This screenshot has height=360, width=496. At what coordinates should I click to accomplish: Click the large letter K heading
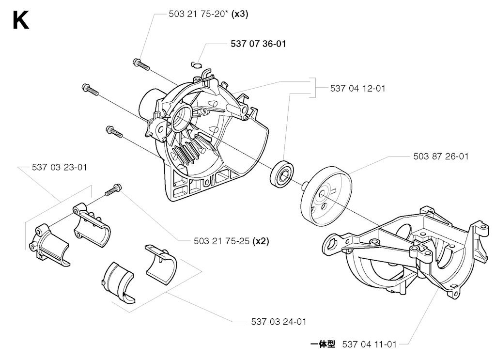click(x=21, y=20)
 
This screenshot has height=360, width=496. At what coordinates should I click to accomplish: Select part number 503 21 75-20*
click(x=198, y=14)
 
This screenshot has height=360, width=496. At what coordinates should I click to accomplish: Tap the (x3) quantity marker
click(x=240, y=14)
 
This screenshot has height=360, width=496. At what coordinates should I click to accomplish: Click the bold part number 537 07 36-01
click(x=258, y=44)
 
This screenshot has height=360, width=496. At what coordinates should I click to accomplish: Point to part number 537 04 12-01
click(x=358, y=88)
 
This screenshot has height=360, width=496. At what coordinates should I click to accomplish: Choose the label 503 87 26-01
click(x=441, y=157)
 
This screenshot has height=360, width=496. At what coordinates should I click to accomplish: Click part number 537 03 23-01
click(x=60, y=167)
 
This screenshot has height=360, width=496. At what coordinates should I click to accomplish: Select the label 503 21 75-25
click(x=222, y=241)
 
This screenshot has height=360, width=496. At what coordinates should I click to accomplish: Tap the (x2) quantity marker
click(x=261, y=241)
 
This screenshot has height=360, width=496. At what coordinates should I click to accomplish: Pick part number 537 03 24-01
click(x=279, y=322)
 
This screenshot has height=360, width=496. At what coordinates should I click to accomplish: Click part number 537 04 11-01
click(x=369, y=344)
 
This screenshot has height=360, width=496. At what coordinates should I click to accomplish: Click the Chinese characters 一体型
click(x=323, y=344)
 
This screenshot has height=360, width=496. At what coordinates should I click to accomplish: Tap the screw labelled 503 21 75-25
click(x=112, y=190)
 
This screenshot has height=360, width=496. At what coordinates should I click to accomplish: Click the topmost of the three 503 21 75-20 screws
click(x=141, y=64)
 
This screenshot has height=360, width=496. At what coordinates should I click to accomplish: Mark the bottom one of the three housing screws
click(x=114, y=131)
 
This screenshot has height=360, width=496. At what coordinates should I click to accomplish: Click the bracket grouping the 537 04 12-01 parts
click(x=313, y=88)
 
